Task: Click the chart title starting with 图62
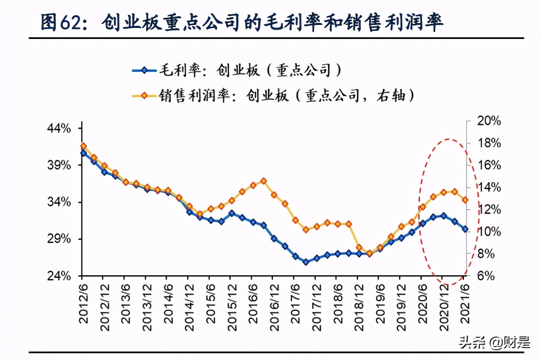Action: click(242, 22)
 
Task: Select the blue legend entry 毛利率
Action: click(237, 70)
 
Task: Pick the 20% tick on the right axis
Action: click(487, 122)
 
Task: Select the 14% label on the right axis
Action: click(487, 188)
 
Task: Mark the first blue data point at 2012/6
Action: click(83, 153)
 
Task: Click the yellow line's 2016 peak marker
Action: click(263, 181)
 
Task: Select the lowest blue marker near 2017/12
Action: click(306, 262)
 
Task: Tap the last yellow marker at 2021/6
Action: click(465, 200)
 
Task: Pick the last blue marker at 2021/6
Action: click(465, 229)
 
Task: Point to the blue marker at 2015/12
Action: click(232, 213)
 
